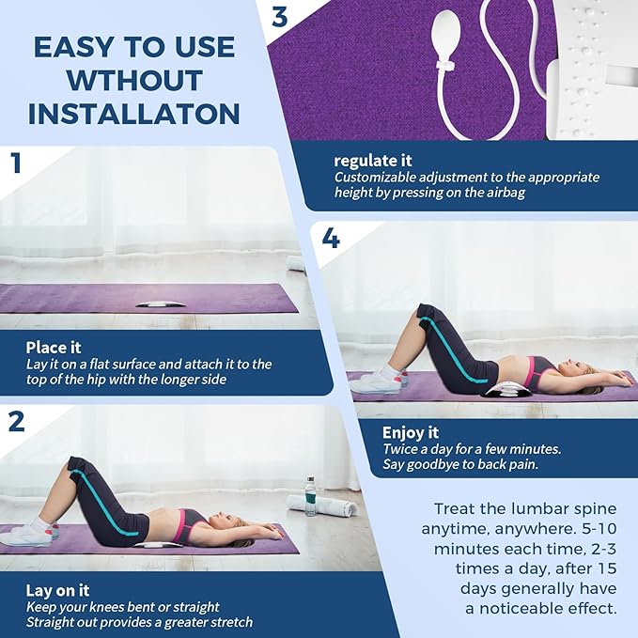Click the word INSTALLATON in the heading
[133, 114]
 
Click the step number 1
[15, 163]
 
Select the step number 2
[16, 422]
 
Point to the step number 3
[280, 17]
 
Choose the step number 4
[330, 239]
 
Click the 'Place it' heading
[54, 348]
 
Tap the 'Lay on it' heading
[57, 591]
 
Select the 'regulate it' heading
[373, 161]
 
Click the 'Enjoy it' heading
[411, 433]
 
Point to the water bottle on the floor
[310, 495]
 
